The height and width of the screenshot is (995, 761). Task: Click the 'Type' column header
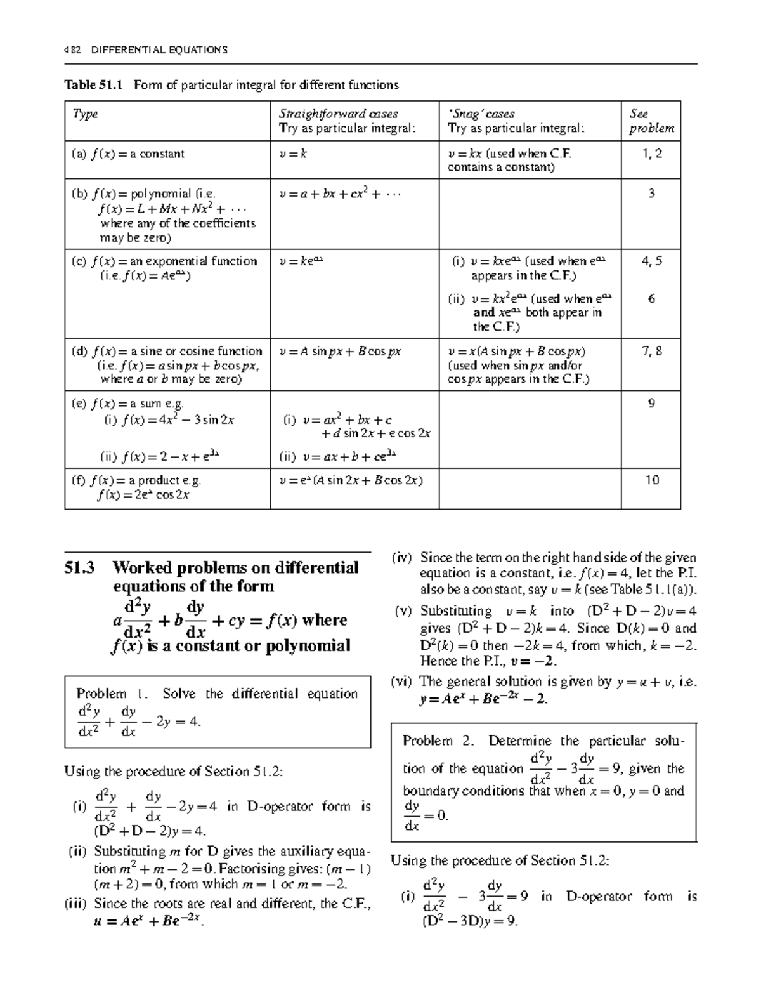pos(85,114)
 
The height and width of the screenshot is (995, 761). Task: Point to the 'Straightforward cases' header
pos(339,114)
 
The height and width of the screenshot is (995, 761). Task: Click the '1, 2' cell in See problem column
pos(651,154)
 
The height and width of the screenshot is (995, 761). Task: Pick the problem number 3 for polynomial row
pos(651,194)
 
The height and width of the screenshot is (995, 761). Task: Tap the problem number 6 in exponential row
pos(651,299)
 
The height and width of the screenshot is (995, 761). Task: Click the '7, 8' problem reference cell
pos(651,351)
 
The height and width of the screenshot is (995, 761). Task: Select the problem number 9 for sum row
pos(651,403)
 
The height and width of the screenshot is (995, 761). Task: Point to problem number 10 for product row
pos(651,480)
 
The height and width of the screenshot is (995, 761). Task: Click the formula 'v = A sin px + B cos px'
pos(340,352)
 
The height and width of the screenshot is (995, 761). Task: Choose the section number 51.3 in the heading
pos(80,568)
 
